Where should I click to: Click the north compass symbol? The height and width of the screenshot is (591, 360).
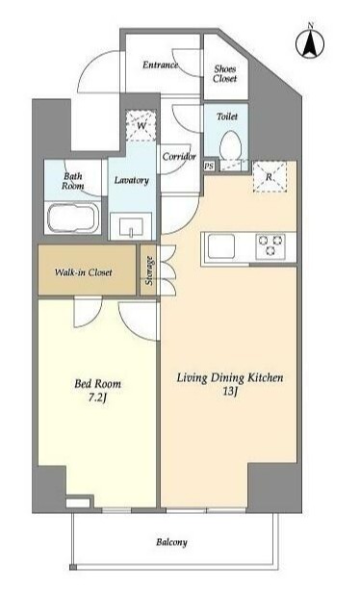tap(310, 43)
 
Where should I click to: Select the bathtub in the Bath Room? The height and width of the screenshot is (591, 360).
tap(73, 218)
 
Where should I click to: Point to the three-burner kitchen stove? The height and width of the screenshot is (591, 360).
tap(270, 246)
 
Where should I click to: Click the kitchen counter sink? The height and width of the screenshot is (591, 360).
tap(221, 246)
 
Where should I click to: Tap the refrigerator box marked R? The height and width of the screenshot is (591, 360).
tap(270, 177)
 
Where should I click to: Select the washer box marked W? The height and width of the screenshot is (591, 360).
tap(141, 125)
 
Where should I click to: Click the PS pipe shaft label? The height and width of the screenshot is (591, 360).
tap(209, 166)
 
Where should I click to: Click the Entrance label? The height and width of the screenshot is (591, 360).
tap(160, 65)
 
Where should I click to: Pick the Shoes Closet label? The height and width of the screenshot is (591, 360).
tap(225, 74)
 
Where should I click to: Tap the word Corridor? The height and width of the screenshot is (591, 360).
tap(179, 156)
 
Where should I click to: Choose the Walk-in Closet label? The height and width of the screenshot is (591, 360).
tap(83, 272)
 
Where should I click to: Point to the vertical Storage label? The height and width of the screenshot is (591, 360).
tap(149, 270)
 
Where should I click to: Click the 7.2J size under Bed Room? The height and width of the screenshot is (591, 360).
tap(97, 398)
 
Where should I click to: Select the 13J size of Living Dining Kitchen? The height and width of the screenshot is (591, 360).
tap(230, 392)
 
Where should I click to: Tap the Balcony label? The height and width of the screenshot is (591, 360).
tap(171, 542)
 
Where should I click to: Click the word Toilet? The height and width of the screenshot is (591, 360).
tap(227, 116)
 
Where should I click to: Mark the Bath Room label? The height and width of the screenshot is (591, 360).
tap(73, 181)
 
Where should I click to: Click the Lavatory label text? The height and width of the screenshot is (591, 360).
tap(131, 181)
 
